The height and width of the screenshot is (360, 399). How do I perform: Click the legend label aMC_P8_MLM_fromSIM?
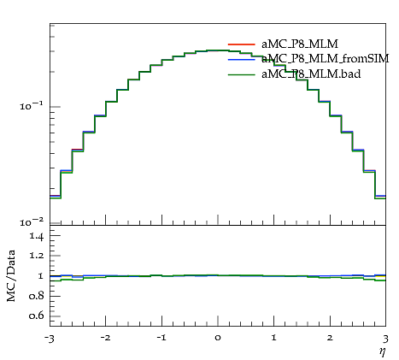coord(326,59)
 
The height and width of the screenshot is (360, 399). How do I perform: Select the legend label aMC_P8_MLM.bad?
coord(311,74)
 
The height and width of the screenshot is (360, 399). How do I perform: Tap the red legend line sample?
coord(242,44)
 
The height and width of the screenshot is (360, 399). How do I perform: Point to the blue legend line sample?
coord(242,60)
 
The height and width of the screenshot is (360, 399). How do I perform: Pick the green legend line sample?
coord(242,75)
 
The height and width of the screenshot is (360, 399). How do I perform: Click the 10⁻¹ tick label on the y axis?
coord(32,106)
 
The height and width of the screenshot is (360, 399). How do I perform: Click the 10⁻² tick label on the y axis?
coord(32,221)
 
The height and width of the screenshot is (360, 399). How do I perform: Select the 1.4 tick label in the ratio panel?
coord(37,237)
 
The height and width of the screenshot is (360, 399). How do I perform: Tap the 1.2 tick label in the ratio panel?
coord(37,256)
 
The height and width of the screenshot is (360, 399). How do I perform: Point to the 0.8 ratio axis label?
coord(37,296)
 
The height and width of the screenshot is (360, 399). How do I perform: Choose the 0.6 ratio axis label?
coord(37,316)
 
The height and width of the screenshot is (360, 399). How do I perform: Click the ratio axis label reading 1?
coord(40,276)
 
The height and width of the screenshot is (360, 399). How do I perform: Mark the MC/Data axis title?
coord(11,275)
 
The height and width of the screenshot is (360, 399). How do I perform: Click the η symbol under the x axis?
coord(383,351)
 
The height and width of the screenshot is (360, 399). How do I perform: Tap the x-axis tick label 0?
coord(218,338)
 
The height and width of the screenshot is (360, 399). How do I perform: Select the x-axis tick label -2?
coord(105,338)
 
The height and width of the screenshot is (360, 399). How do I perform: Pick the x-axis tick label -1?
coord(161,338)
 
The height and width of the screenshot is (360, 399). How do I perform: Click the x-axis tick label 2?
coord(330,338)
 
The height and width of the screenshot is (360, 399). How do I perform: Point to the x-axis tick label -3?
coord(49,339)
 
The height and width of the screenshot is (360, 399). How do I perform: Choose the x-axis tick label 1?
coord(273,338)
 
